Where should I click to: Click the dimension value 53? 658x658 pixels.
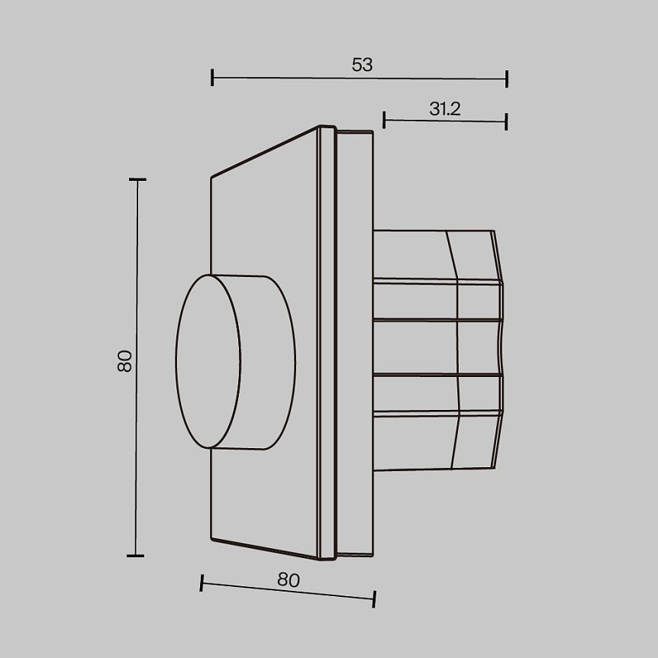(362, 65)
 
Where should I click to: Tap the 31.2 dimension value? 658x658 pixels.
(444, 109)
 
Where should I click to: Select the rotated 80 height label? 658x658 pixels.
(125, 360)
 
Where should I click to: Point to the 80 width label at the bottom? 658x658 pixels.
(288, 580)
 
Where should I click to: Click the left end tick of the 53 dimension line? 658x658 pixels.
(213, 76)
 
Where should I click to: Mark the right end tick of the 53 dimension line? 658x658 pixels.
(506, 79)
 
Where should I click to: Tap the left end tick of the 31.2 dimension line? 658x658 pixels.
(384, 118)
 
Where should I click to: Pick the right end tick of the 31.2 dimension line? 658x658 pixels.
(506, 121)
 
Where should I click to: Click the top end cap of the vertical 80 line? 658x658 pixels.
(137, 180)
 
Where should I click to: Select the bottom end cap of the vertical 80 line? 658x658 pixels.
(135, 555)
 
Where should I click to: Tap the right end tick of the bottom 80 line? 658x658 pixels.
(374, 599)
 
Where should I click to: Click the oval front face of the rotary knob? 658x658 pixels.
(208, 361)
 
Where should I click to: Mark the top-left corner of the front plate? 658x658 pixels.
(212, 178)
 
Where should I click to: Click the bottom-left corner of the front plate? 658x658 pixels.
(212, 539)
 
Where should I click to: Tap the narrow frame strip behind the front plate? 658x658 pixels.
(327, 344)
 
